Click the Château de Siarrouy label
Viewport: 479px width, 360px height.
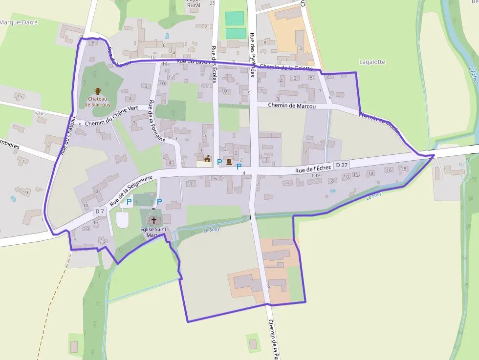click(98, 101)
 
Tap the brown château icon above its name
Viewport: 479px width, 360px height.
click(98, 91)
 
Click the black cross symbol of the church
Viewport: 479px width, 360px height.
click(154, 220)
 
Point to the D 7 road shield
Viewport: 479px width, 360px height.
click(100, 211)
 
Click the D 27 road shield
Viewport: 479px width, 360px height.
click(341, 166)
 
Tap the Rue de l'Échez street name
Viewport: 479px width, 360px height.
click(313, 169)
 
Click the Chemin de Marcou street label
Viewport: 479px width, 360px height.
click(292, 106)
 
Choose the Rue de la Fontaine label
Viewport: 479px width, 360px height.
click(157, 120)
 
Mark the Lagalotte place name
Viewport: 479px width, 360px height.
click(372, 62)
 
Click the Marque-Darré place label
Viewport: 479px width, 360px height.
click(19, 22)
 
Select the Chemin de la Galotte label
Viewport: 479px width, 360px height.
click(286, 67)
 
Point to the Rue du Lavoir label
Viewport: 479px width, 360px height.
click(193, 62)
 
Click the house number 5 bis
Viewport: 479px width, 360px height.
click(40, 113)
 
